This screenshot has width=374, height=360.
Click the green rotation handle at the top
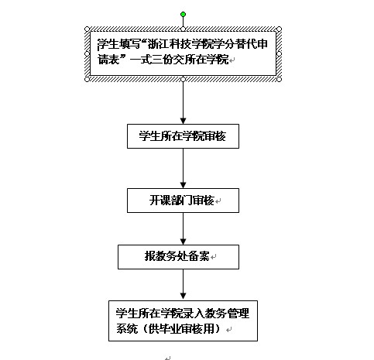point(183,15)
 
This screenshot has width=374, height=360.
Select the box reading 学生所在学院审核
point(183,136)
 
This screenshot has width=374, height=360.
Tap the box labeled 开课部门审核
point(183,201)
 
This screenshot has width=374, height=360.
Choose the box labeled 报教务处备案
point(178,257)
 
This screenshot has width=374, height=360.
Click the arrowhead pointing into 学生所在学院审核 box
point(183,121)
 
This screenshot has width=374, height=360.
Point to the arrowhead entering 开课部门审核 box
point(183,185)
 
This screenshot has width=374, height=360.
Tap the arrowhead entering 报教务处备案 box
point(183,242)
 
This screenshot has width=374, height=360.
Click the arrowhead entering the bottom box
point(183,296)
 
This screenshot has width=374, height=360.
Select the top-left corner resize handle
point(87,29)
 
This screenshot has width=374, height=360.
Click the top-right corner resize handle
point(279,29)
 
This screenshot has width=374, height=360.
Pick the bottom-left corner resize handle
point(87,79)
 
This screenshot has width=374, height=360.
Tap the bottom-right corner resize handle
point(279,79)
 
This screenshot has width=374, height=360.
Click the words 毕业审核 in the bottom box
point(181,329)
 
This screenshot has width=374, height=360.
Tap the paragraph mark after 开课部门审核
point(218,201)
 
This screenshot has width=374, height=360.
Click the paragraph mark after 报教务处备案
point(214,257)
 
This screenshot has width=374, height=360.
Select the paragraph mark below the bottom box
point(168,358)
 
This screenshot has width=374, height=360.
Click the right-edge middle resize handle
point(279,54)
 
